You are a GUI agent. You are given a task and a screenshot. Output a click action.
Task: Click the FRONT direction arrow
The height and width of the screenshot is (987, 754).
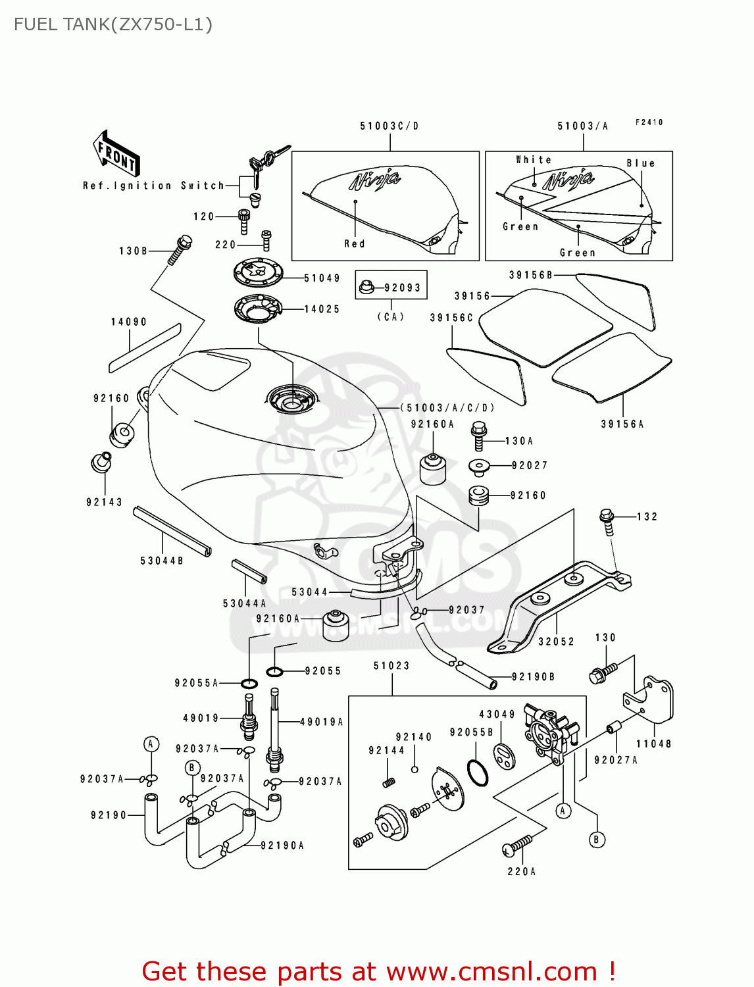(x=116, y=154)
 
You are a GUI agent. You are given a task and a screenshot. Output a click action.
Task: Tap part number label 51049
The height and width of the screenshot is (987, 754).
(x=322, y=278)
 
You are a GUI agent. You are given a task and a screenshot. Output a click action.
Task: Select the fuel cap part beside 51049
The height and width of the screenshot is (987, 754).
(x=259, y=272)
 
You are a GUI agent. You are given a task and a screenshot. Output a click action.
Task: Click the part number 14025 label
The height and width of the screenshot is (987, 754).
(x=322, y=309)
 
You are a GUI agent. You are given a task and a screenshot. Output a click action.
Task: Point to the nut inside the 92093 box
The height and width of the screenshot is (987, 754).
(x=367, y=288)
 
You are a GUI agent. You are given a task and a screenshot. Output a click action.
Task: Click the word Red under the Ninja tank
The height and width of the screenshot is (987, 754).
(x=354, y=243)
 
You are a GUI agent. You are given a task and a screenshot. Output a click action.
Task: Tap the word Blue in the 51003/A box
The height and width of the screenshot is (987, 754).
(x=640, y=163)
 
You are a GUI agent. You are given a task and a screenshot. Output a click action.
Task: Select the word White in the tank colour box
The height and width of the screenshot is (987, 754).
(x=534, y=160)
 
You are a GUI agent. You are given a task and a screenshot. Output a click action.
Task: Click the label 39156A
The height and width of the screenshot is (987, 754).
(x=622, y=424)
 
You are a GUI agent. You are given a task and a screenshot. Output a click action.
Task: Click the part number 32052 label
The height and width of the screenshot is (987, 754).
(x=556, y=641)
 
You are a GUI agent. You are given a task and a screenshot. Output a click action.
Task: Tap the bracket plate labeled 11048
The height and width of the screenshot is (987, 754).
(x=651, y=701)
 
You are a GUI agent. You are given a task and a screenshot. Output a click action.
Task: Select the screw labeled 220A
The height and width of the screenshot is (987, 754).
(x=518, y=845)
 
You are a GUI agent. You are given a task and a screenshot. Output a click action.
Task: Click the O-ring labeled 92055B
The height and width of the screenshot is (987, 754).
(x=478, y=772)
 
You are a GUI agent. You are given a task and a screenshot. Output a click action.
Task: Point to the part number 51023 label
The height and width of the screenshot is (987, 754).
(x=391, y=665)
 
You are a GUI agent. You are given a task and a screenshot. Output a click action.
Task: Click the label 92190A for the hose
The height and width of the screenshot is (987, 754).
(x=282, y=845)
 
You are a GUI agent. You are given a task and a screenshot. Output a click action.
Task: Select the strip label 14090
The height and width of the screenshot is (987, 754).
(x=128, y=322)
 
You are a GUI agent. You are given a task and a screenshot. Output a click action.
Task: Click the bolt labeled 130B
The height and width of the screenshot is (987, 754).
(x=179, y=250)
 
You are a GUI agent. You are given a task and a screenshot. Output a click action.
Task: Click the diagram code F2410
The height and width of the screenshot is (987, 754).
(x=649, y=122)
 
